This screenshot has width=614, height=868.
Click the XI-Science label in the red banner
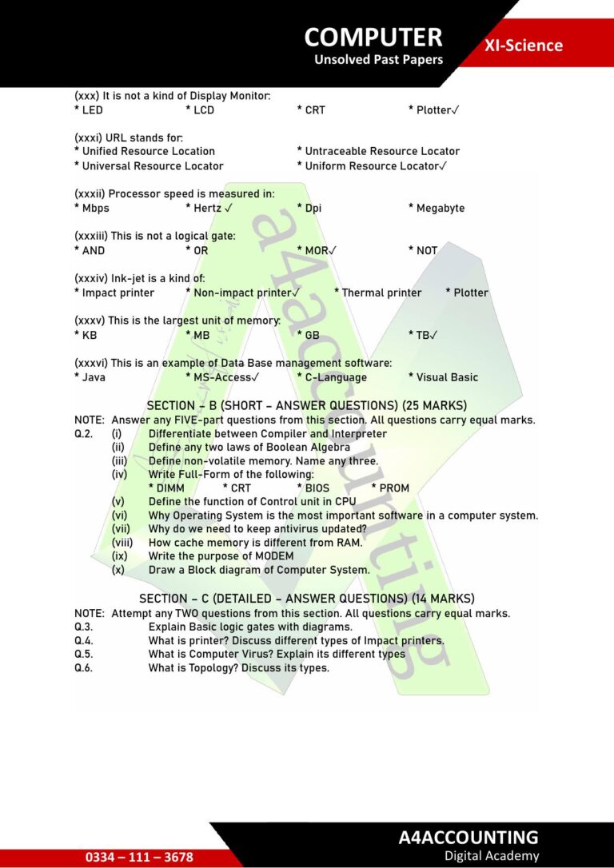click(x=523, y=46)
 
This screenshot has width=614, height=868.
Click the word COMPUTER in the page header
click(x=373, y=37)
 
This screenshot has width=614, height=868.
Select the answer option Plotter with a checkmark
click(x=437, y=109)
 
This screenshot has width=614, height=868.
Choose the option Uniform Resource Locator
click(x=375, y=166)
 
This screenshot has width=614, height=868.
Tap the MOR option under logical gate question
click(x=320, y=250)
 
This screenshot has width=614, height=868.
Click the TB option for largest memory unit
click(x=427, y=335)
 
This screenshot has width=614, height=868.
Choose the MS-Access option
click(x=226, y=377)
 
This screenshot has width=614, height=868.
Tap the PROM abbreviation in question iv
click(x=394, y=488)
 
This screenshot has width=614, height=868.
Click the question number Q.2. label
click(x=83, y=434)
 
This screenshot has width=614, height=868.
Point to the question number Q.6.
click(x=83, y=667)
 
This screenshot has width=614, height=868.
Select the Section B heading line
click(x=306, y=405)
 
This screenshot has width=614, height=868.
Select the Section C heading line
click(x=306, y=599)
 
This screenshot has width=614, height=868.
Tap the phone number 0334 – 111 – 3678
click(x=139, y=857)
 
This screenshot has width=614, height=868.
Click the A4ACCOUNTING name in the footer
click(x=468, y=837)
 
